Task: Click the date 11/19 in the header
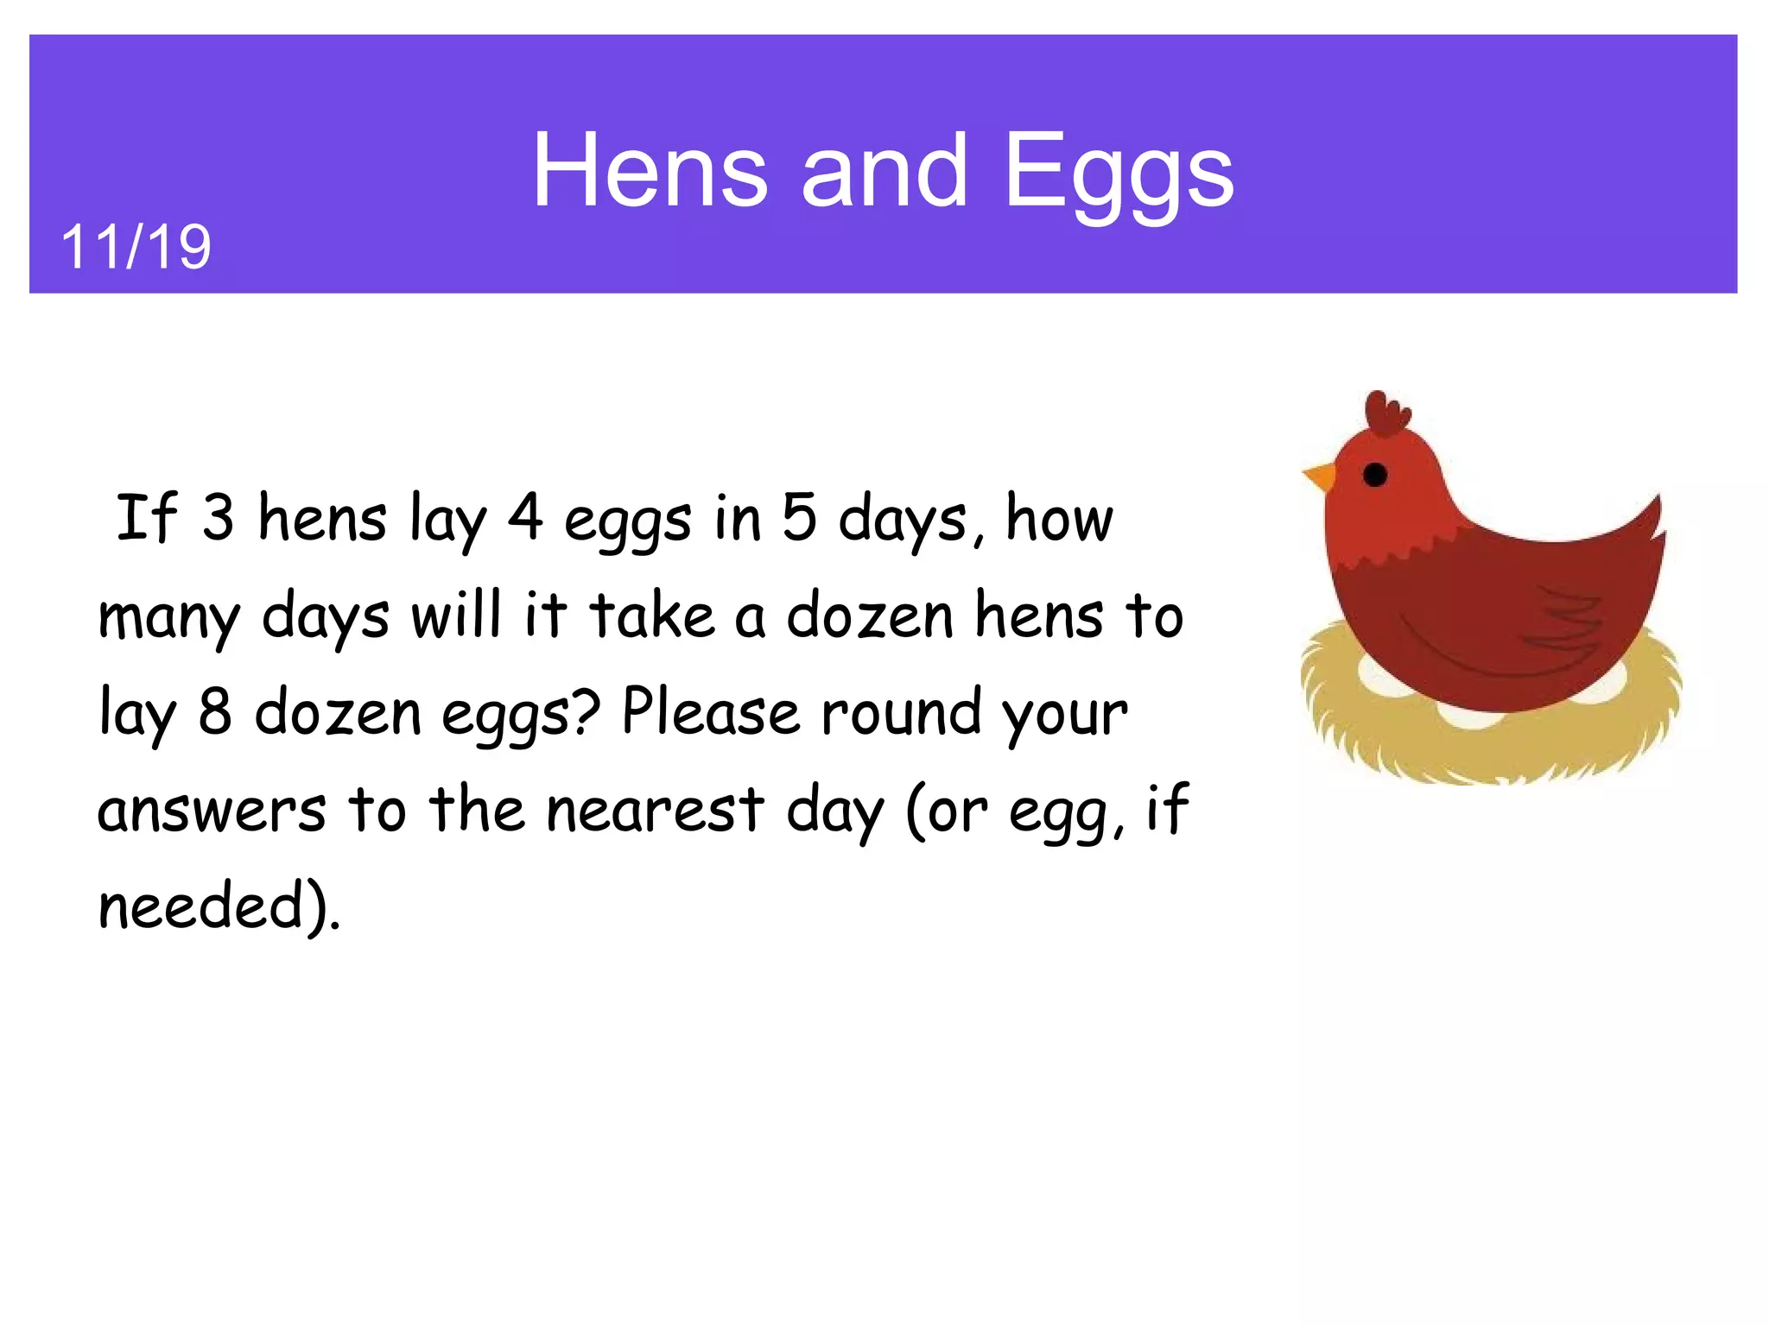(136, 247)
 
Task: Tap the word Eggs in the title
(1119, 173)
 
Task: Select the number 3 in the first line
(218, 518)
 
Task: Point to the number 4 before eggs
(525, 518)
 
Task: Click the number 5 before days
(799, 518)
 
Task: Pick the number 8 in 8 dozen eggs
(215, 711)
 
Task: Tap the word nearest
(656, 810)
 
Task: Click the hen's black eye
(1374, 474)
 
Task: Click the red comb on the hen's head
(1385, 414)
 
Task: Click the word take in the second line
(652, 615)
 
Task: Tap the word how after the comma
(1059, 518)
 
